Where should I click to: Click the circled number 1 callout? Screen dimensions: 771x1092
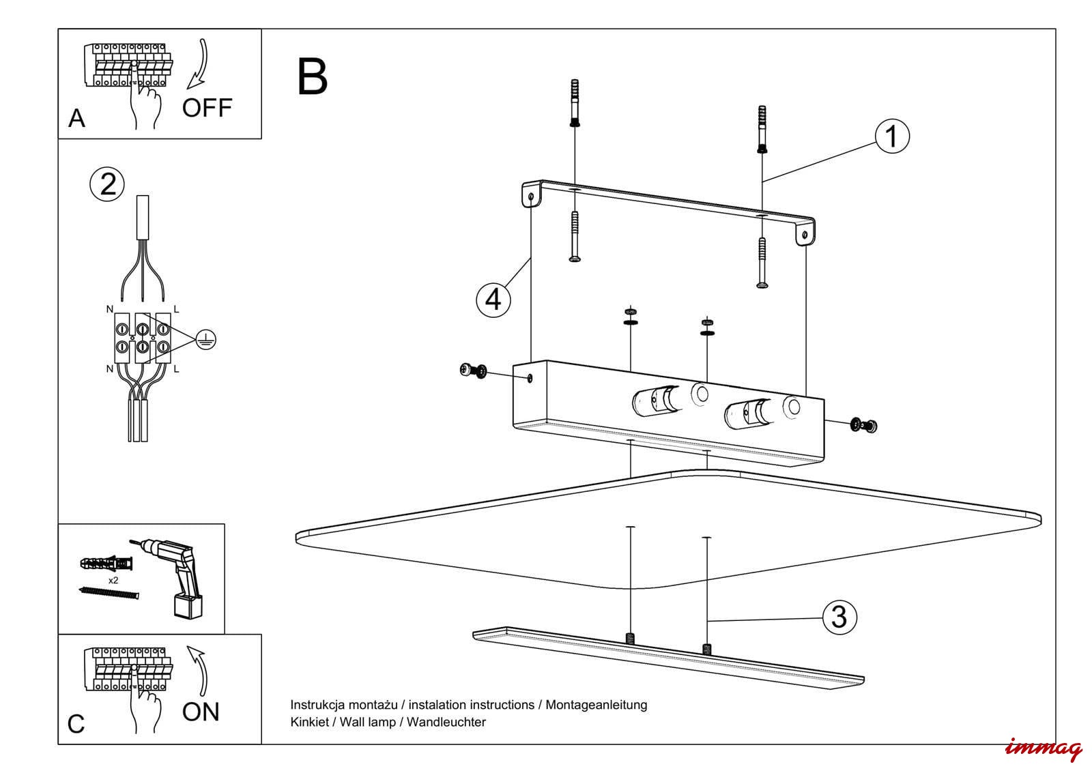coord(891,136)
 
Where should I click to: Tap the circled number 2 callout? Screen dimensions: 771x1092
coord(108,184)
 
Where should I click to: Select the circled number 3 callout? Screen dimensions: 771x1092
coord(839,617)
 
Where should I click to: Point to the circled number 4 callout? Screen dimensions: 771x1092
coord(493,299)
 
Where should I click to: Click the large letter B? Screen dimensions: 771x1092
coord(313,76)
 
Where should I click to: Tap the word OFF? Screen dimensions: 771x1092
coord(207,108)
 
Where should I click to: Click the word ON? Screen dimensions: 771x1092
coord(201,712)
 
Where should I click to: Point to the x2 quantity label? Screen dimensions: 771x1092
coord(113,580)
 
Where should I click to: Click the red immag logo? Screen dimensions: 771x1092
coord(1043,748)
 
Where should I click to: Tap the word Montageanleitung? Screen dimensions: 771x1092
coord(596,705)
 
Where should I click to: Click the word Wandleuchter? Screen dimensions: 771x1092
coord(446,722)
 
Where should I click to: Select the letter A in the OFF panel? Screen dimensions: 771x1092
coord(76,119)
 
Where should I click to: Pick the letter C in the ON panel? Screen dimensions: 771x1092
coord(76,724)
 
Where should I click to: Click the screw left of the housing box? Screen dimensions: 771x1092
coord(474,370)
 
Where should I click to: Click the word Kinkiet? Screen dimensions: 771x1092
coord(309,722)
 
